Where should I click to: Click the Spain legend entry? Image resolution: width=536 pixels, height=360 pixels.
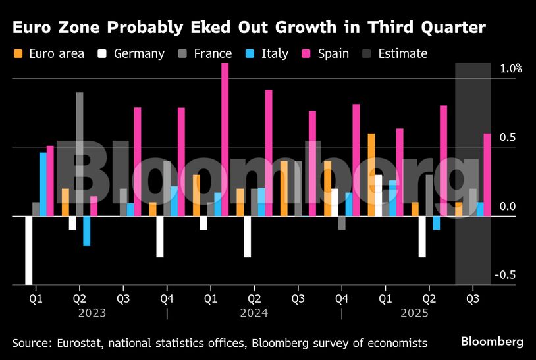325,53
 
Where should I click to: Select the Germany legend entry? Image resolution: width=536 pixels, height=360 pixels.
132,53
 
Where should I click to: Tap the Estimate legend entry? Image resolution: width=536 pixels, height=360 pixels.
396,53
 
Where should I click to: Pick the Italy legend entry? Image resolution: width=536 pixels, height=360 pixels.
267,53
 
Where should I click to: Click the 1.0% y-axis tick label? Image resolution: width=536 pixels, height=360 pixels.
511,68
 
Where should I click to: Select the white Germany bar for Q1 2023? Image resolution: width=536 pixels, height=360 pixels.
29,250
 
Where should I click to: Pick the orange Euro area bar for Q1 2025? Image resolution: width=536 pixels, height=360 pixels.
371,174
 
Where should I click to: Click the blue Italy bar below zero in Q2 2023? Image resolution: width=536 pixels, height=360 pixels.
87,231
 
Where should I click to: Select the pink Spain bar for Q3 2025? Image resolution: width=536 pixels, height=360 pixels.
487,174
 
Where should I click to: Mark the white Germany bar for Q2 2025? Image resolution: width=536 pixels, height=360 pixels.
422,236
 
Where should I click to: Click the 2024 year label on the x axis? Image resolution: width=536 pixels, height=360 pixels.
254,313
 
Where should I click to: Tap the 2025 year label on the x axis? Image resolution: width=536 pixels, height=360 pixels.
415,313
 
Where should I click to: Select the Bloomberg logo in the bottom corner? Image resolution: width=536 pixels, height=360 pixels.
492,342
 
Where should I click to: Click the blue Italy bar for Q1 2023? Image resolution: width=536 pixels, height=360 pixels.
43,184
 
